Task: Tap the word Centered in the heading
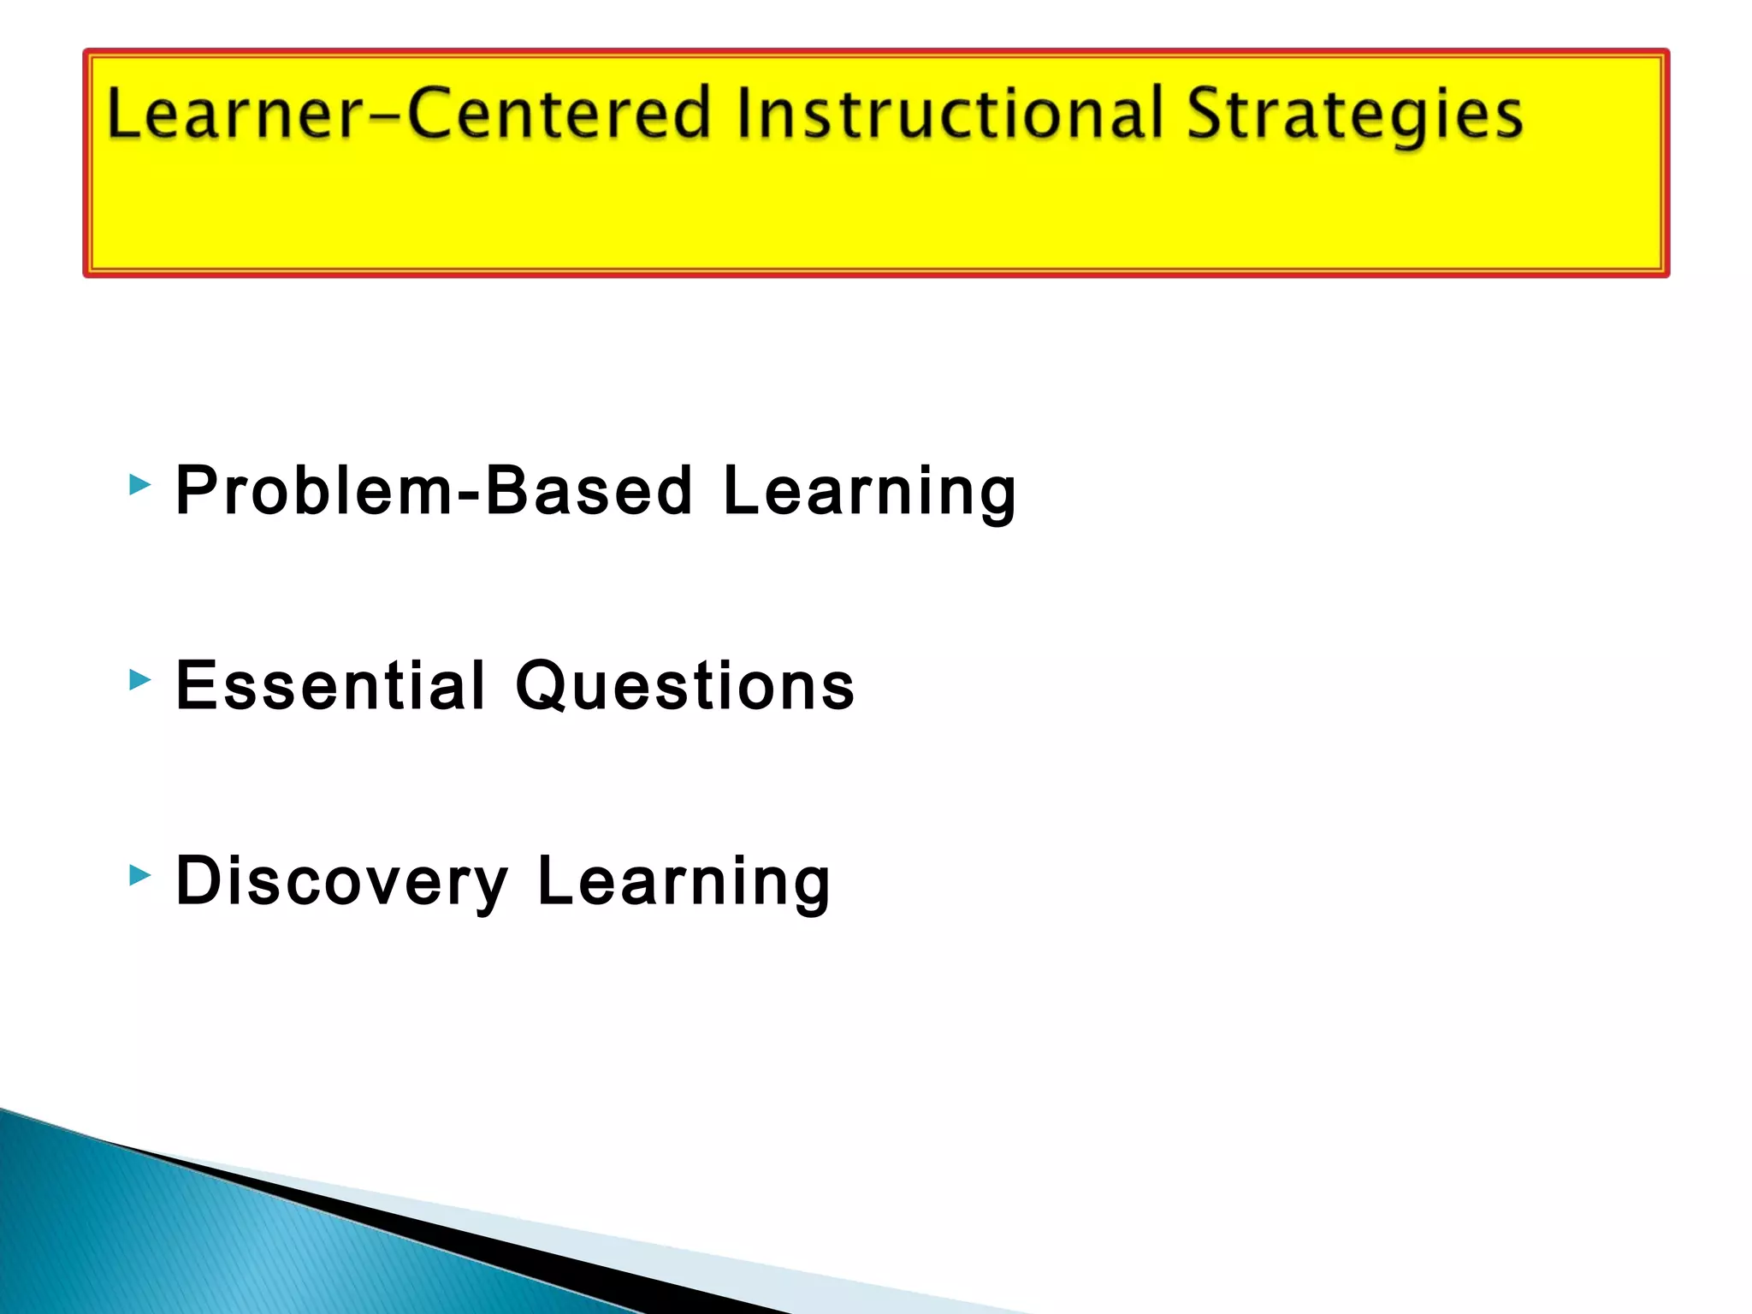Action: (559, 114)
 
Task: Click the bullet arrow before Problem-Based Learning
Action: (139, 486)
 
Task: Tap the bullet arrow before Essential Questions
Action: (139, 681)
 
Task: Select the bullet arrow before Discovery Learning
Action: (139, 875)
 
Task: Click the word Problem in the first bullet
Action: (313, 491)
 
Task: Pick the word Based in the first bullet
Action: (589, 491)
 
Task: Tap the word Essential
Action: (330, 686)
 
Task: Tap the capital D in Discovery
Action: (198, 881)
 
